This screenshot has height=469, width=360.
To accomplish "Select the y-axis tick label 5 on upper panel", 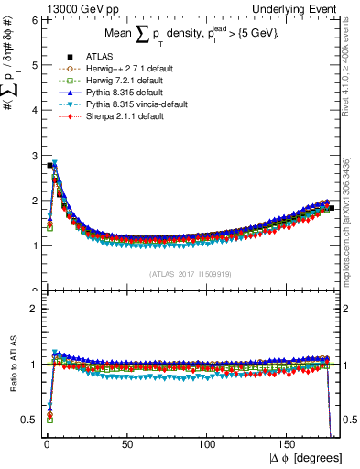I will [33, 65].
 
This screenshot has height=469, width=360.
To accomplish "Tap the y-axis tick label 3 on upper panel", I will [33, 156].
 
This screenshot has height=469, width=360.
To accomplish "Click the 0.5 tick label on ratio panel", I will [29, 420].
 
